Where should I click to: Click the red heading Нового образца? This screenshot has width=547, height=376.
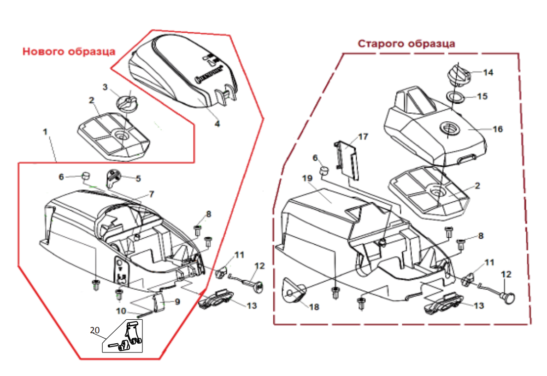pyautogui.click(x=69, y=51)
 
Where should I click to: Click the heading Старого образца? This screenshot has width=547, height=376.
pyautogui.click(x=406, y=44)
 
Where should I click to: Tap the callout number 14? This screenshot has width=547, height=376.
pyautogui.click(x=488, y=72)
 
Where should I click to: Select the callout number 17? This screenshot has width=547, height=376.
pyautogui.click(x=363, y=137)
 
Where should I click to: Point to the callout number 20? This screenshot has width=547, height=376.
pyautogui.click(x=95, y=330)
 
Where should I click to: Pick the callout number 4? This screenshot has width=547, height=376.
pyautogui.click(x=217, y=124)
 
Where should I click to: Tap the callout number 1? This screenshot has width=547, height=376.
pyautogui.click(x=45, y=132)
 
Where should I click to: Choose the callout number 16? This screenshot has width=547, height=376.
pyautogui.click(x=498, y=129)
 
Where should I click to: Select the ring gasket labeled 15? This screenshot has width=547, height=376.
pyautogui.click(x=455, y=98)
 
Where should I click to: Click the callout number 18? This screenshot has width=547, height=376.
pyautogui.click(x=314, y=306)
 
